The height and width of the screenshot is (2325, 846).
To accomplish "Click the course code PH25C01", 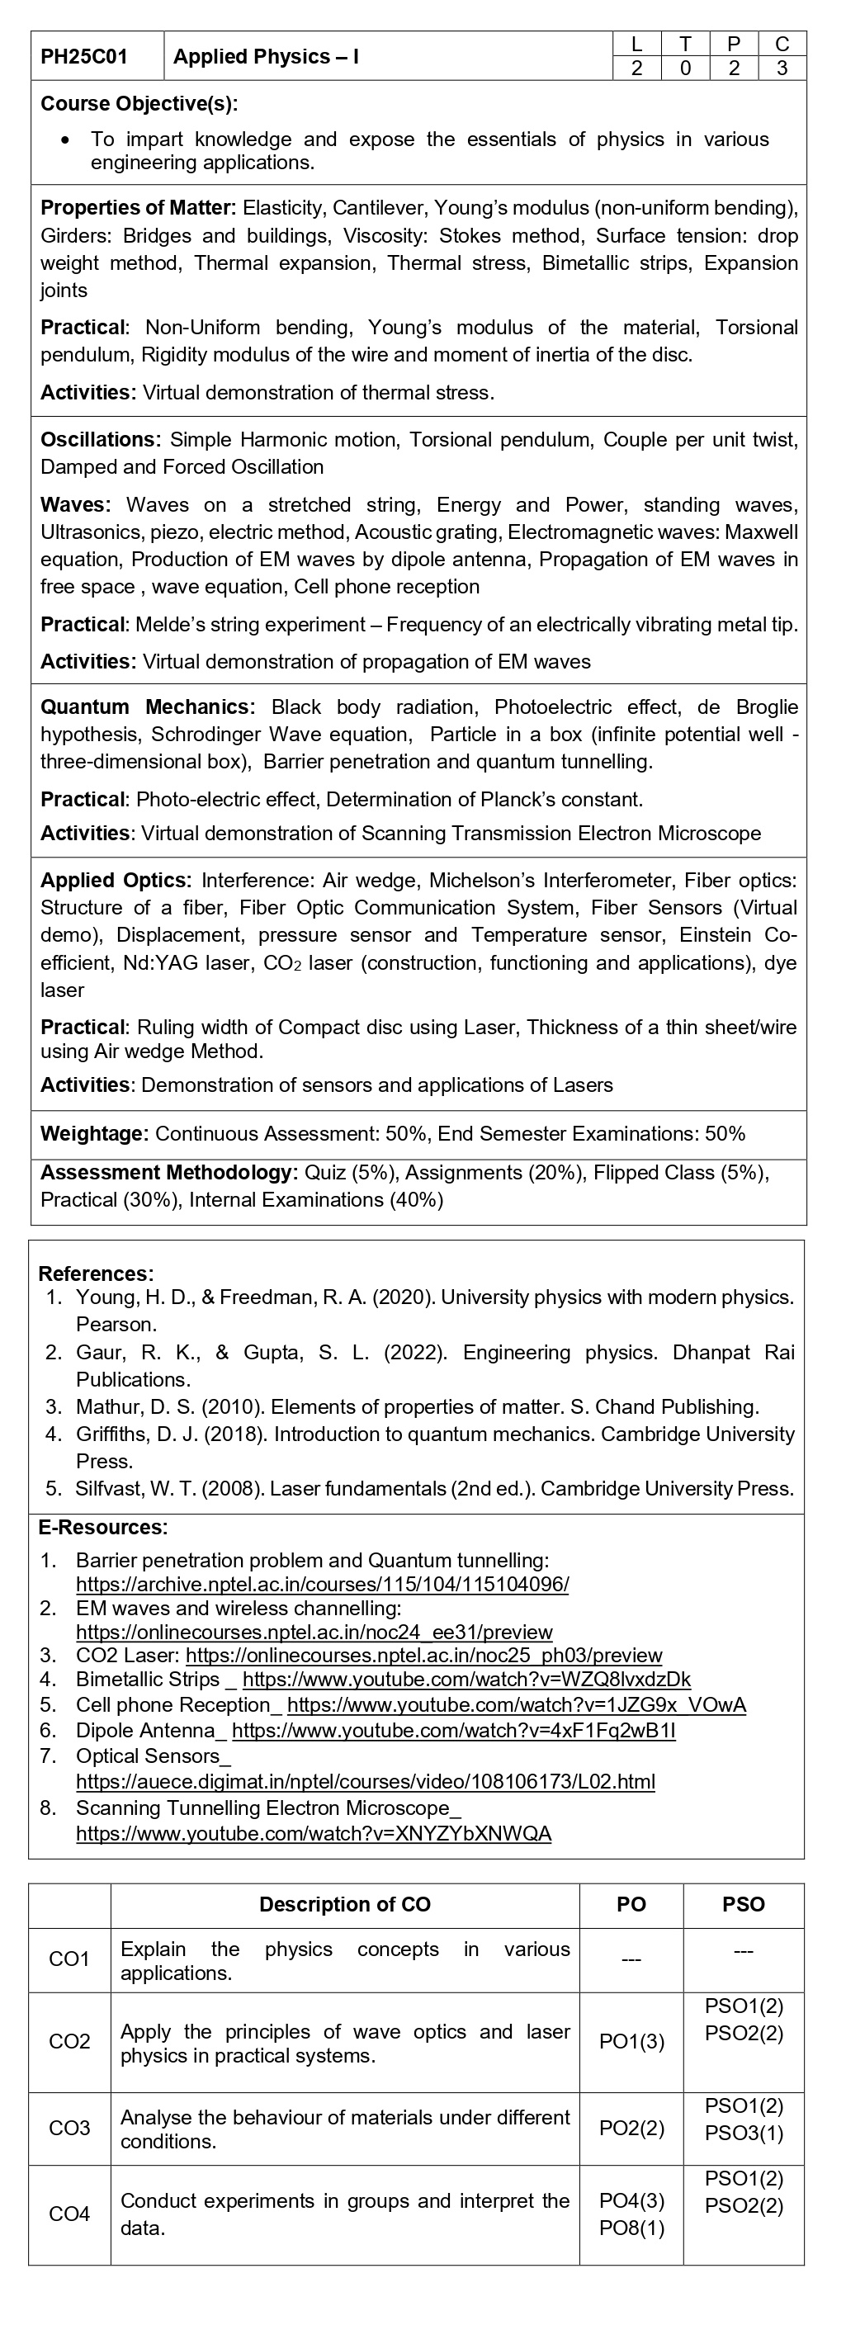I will (x=84, y=57).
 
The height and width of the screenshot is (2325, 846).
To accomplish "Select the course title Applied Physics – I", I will (x=267, y=57).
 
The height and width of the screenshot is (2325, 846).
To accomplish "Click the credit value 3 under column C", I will (x=782, y=68).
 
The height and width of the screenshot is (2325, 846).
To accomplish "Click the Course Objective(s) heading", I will (x=139, y=104).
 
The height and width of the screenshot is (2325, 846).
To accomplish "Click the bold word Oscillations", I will (x=100, y=440).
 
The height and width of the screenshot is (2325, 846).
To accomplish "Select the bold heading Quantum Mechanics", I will (x=147, y=706).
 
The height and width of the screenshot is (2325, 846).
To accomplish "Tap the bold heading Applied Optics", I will (x=116, y=880).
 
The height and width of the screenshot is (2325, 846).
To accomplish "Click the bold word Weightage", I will (x=94, y=1134).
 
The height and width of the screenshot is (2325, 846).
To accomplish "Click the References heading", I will (x=96, y=1274).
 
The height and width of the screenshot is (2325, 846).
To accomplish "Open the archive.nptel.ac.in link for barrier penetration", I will (x=323, y=1584).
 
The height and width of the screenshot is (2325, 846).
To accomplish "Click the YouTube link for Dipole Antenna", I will (x=453, y=1730).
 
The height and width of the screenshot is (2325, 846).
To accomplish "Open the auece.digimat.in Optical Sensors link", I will (x=366, y=1782).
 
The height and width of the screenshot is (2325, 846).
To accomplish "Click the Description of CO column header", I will (x=345, y=1904).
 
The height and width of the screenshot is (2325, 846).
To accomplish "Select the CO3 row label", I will (x=69, y=2129).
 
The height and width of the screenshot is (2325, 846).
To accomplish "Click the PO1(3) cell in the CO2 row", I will (x=631, y=2042).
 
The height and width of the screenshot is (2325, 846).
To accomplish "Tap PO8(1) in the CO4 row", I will (x=631, y=2228).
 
